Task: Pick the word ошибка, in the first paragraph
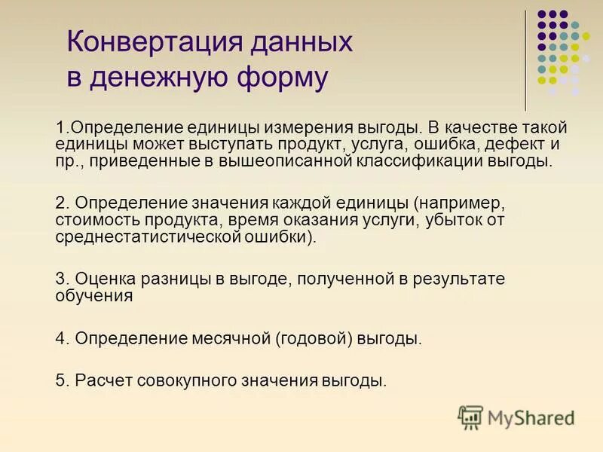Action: pyautogui.click(x=438, y=144)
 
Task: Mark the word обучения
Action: pyautogui.click(x=93, y=296)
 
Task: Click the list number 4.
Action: pyautogui.click(x=61, y=338)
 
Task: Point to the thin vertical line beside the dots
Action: pyautogui.click(x=525, y=60)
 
